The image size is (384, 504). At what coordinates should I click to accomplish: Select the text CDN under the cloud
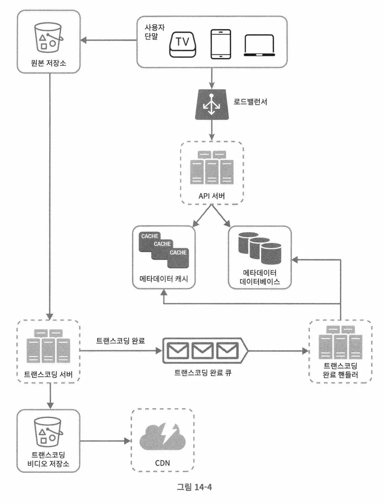pos(162,463)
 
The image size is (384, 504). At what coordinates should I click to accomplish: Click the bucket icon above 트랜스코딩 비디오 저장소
pos(49,432)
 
